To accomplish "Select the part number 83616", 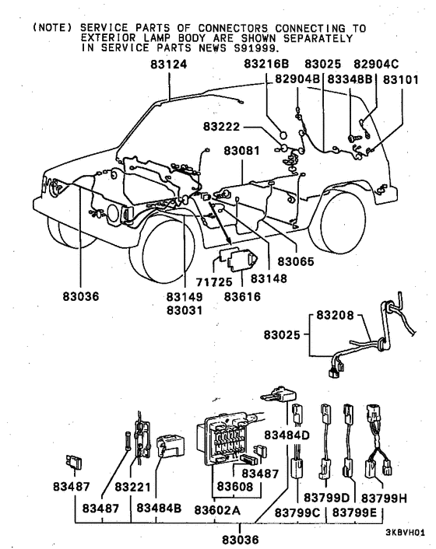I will click(x=241, y=297).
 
